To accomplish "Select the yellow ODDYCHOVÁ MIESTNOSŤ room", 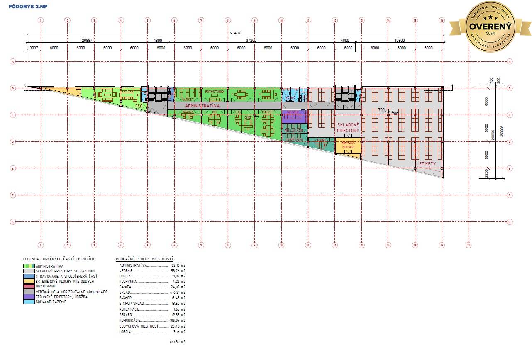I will (x=348, y=146).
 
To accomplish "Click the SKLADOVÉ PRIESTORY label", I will (x=348, y=127).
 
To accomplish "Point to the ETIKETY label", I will (x=427, y=164).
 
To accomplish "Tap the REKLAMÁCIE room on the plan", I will (x=294, y=131).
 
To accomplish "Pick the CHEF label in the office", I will (x=248, y=117).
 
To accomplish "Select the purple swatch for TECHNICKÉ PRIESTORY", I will (x=29, y=297).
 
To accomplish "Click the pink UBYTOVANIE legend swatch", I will (x=29, y=287).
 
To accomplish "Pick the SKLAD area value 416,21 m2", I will (x=178, y=292).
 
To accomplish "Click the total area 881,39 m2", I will (x=178, y=342).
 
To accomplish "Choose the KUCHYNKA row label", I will (x=128, y=281).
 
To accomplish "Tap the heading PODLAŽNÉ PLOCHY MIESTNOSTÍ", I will (x=144, y=259).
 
